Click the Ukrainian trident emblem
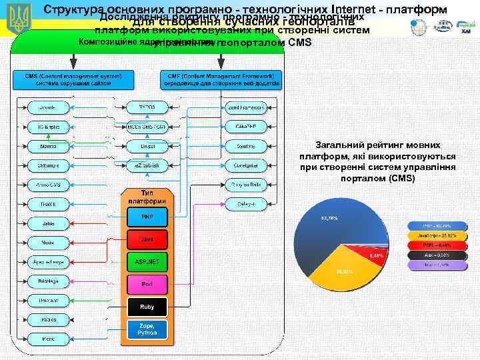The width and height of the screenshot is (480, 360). (18, 19)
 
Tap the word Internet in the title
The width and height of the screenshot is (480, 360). (358, 9)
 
